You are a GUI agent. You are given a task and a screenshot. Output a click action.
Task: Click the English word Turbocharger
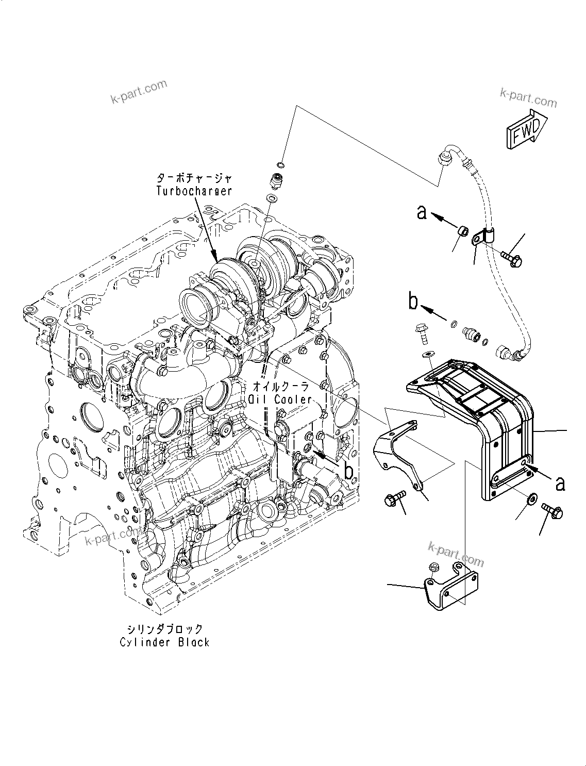tap(194, 191)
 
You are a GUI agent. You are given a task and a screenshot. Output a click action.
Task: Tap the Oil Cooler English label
tap(280, 399)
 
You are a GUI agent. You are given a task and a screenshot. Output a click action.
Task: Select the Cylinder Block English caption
tap(165, 642)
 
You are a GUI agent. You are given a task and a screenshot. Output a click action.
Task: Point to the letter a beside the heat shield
tap(560, 484)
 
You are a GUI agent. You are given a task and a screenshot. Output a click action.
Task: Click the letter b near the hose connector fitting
tap(413, 302)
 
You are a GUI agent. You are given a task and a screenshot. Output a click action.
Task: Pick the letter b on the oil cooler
tap(349, 471)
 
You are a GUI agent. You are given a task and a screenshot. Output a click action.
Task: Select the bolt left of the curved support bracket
tap(394, 498)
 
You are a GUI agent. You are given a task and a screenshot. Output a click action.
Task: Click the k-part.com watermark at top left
tap(139, 92)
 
